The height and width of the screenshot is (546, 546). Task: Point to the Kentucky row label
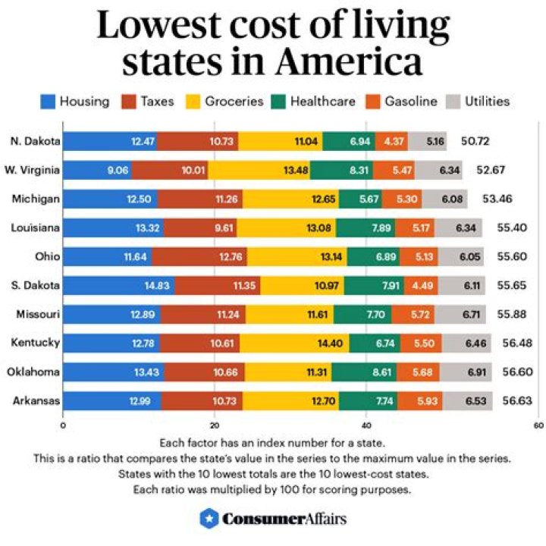click(x=36, y=343)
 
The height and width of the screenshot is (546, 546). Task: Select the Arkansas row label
click(x=36, y=400)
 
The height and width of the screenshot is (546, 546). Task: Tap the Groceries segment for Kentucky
click(x=294, y=343)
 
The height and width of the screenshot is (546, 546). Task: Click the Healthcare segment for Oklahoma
click(x=359, y=372)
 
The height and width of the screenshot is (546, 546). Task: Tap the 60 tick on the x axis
click(x=518, y=425)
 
